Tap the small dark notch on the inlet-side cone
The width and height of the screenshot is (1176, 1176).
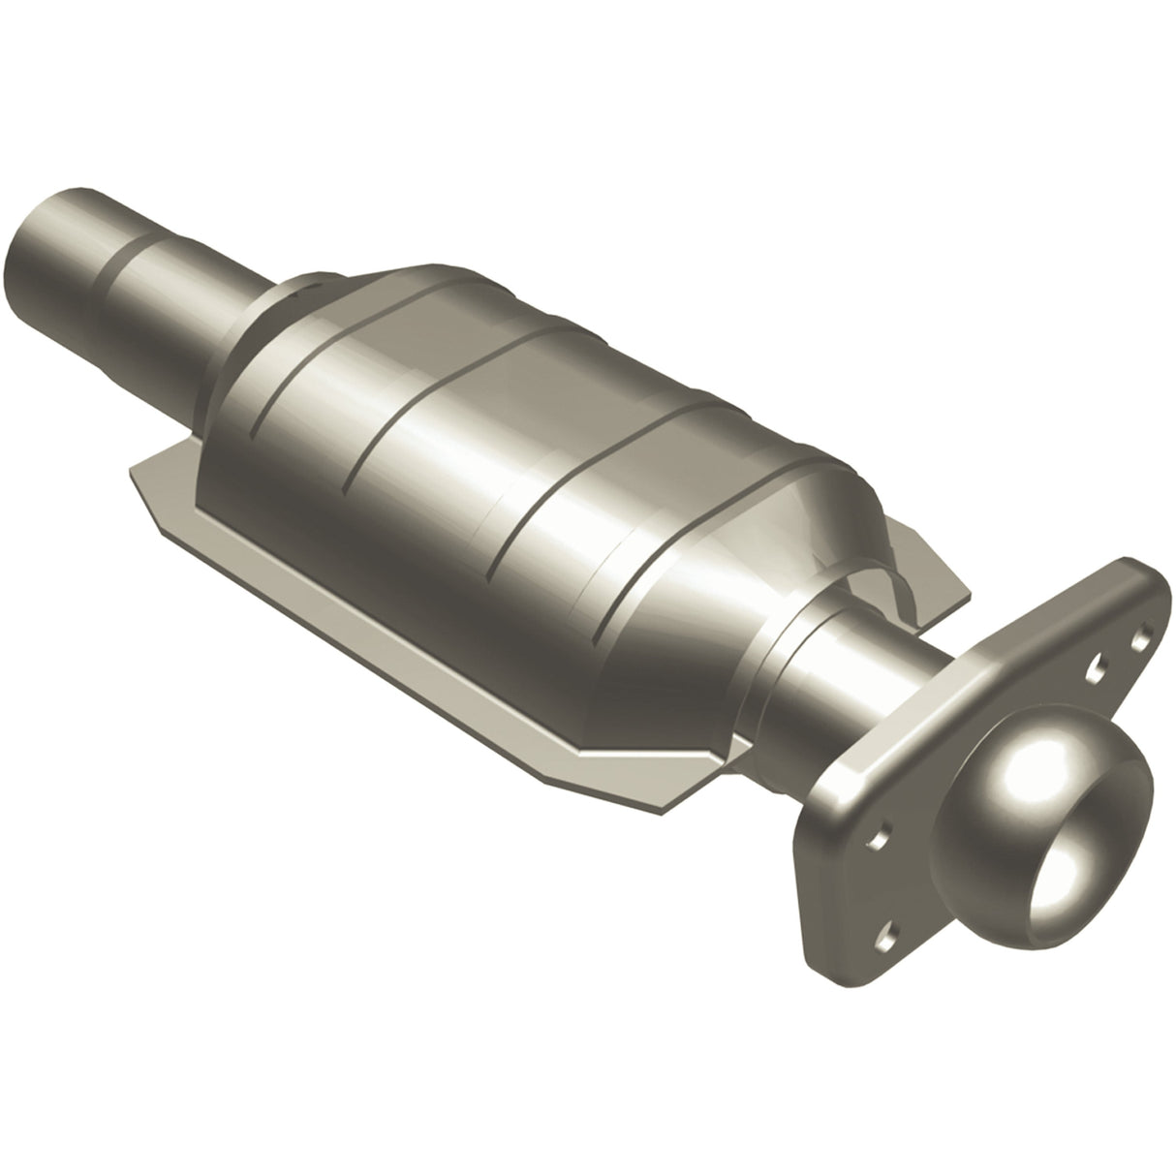(307, 285)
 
